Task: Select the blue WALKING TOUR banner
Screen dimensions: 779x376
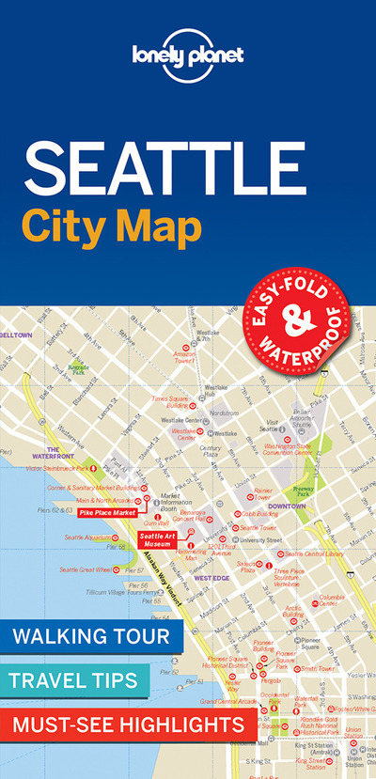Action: (x=90, y=636)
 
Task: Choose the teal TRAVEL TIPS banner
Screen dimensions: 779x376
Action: (x=76, y=679)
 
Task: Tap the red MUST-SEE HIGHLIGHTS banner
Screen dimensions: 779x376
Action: (x=126, y=724)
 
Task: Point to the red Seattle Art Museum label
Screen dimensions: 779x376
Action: (x=157, y=539)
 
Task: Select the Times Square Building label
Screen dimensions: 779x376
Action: (x=174, y=402)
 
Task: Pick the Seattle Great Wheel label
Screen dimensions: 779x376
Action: (x=85, y=569)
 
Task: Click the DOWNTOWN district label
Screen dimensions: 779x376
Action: (x=286, y=506)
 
